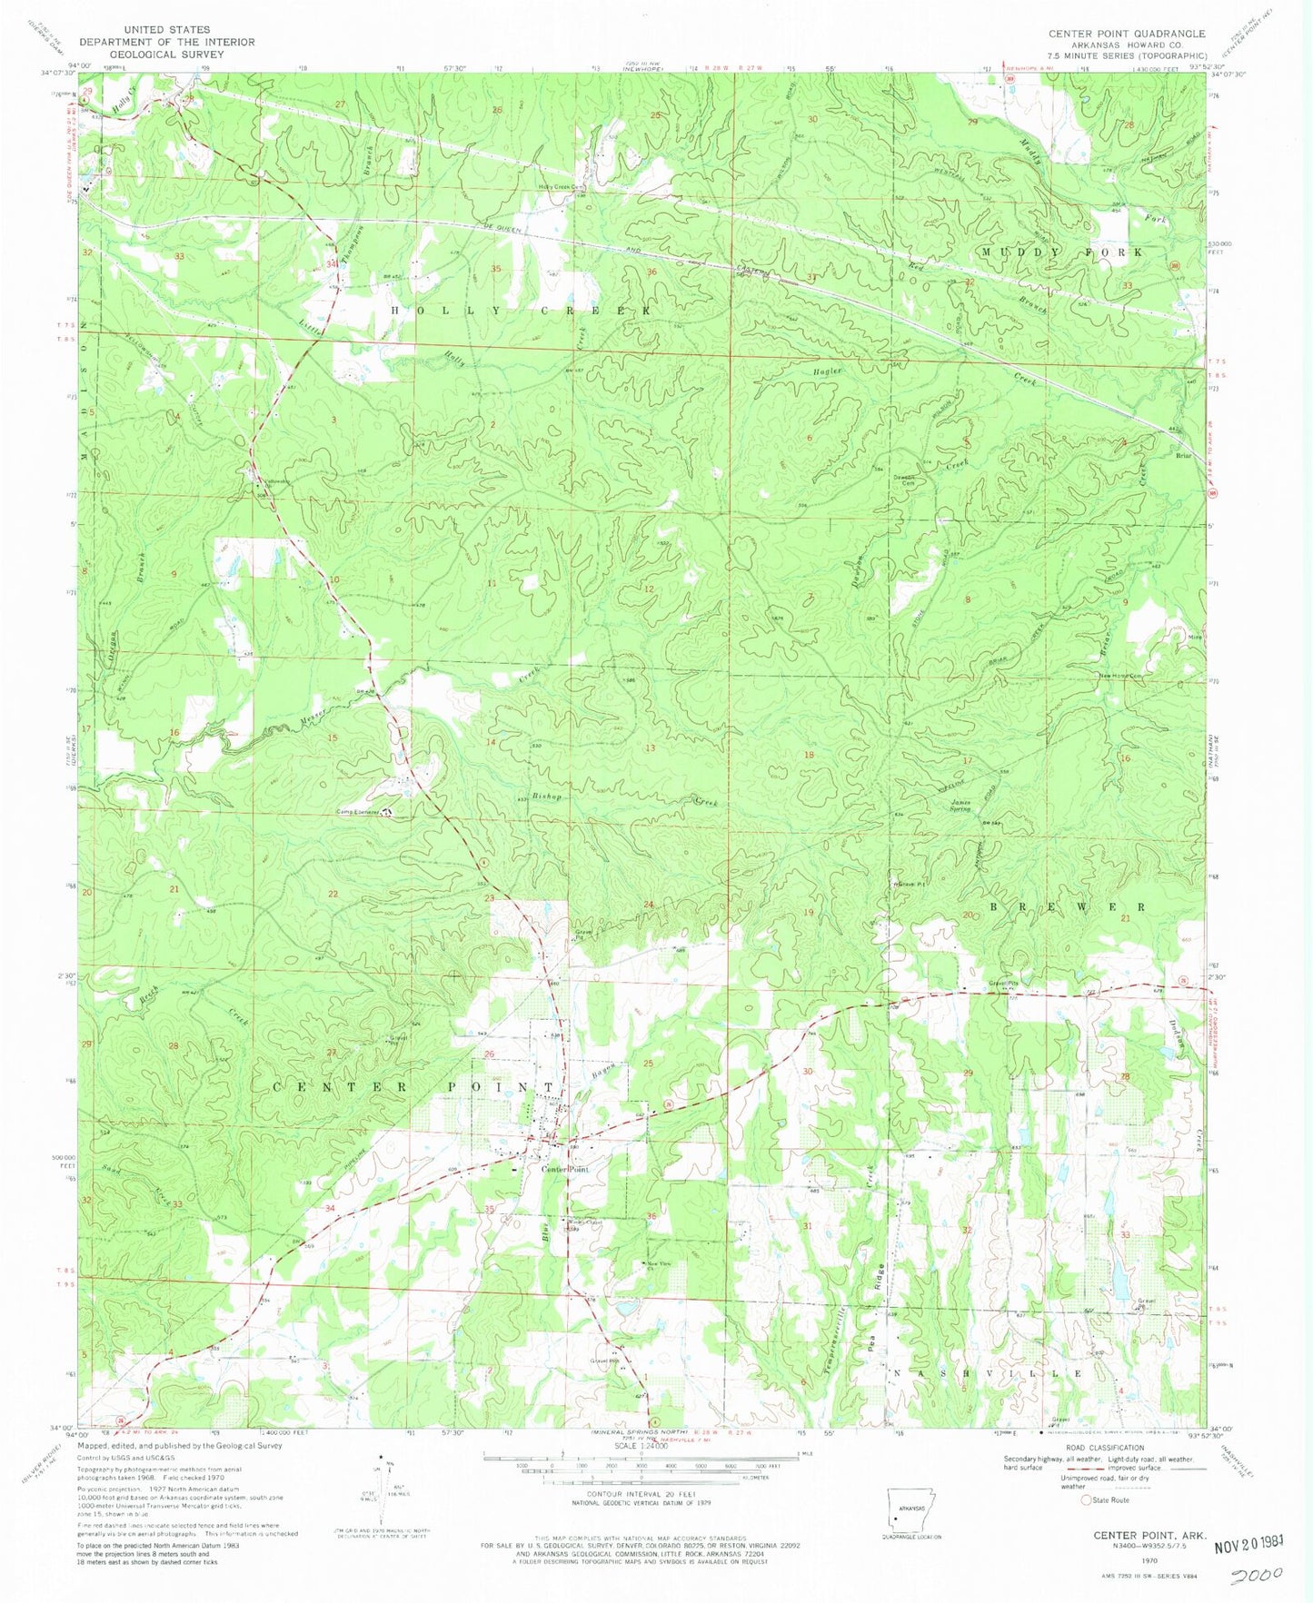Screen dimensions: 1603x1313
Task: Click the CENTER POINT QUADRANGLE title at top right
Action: [1127, 34]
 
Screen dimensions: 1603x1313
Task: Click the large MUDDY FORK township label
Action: [1060, 251]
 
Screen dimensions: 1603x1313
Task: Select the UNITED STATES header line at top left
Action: [167, 30]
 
